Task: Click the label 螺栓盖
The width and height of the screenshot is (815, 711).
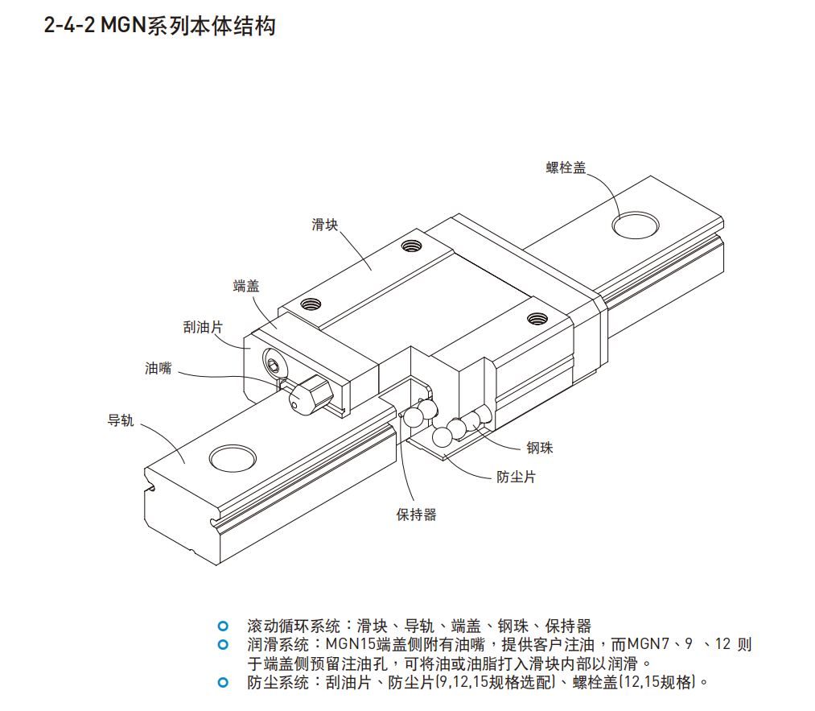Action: click(566, 167)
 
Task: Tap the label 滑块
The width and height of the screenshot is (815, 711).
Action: click(324, 225)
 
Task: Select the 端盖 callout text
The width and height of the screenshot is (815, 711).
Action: click(246, 286)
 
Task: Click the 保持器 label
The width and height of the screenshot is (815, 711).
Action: click(416, 515)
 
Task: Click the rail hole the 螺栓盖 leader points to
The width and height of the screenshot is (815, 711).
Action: click(635, 225)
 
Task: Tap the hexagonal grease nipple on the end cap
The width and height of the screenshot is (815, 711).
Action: click(308, 395)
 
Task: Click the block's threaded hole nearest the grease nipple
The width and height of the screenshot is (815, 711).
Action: click(311, 304)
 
